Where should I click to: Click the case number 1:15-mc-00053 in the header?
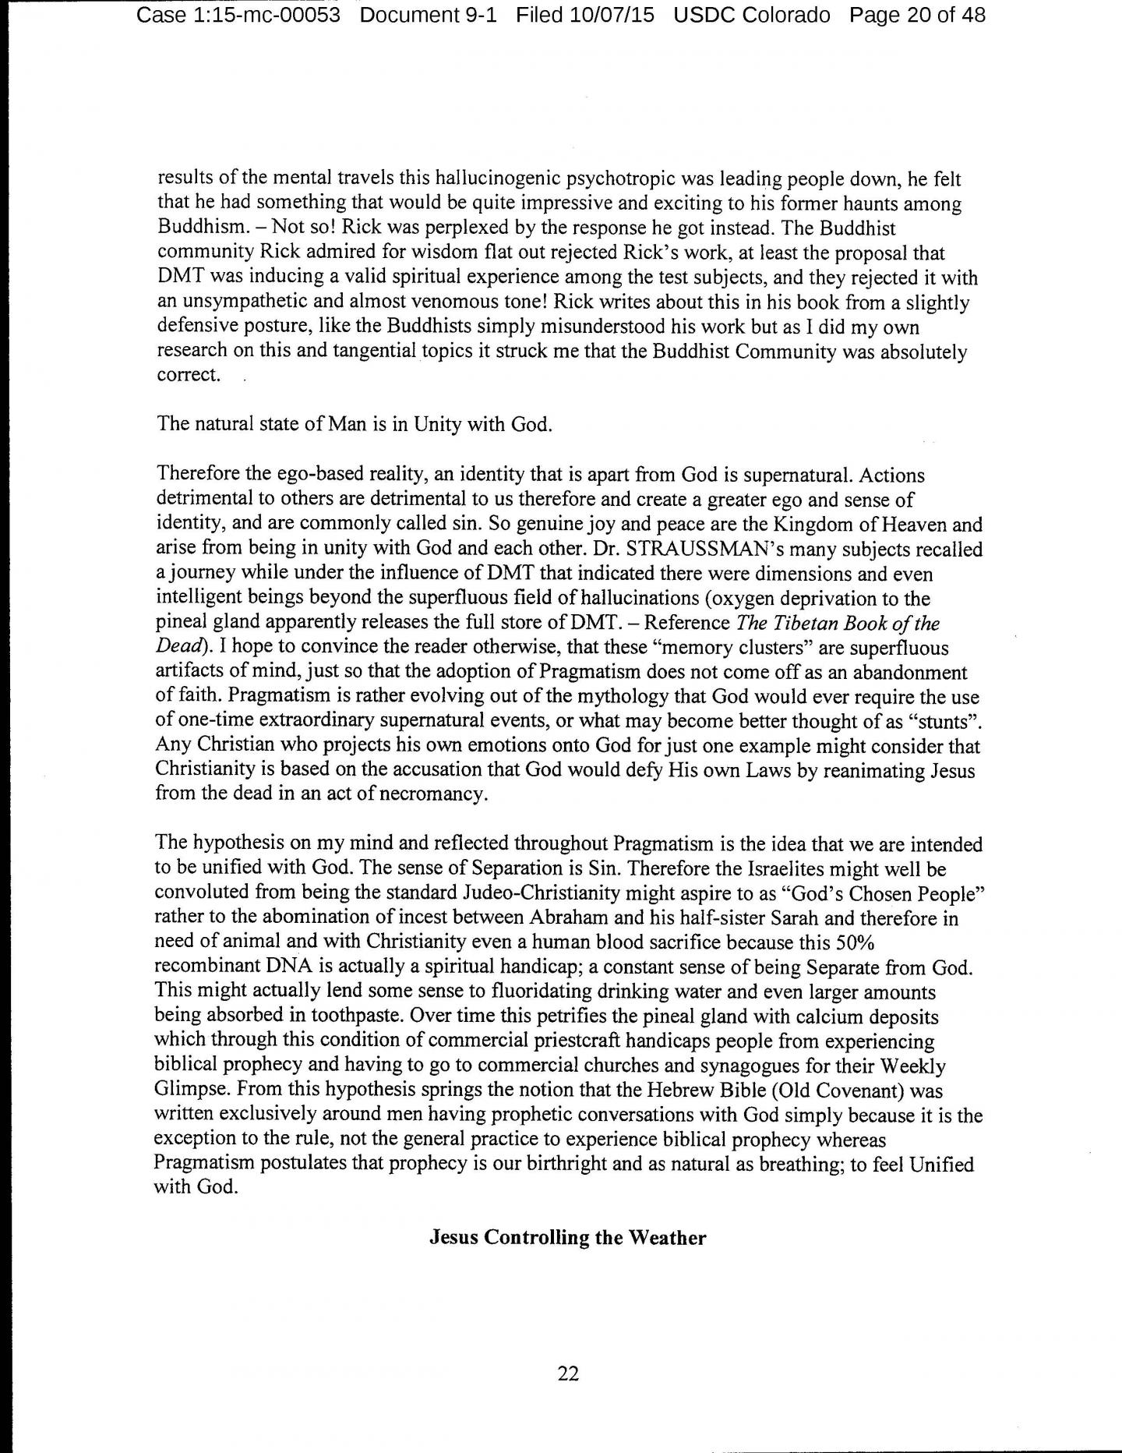pyautogui.click(x=238, y=15)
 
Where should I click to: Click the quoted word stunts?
pyautogui.click(x=940, y=720)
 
